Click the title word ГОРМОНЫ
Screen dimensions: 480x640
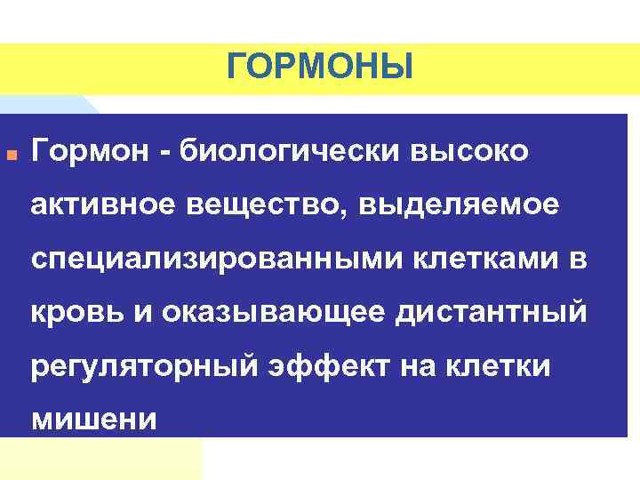[x=320, y=66]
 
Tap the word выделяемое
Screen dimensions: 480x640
[x=461, y=205]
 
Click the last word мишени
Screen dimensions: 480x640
[x=93, y=418]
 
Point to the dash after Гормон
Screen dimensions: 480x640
[x=165, y=152]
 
